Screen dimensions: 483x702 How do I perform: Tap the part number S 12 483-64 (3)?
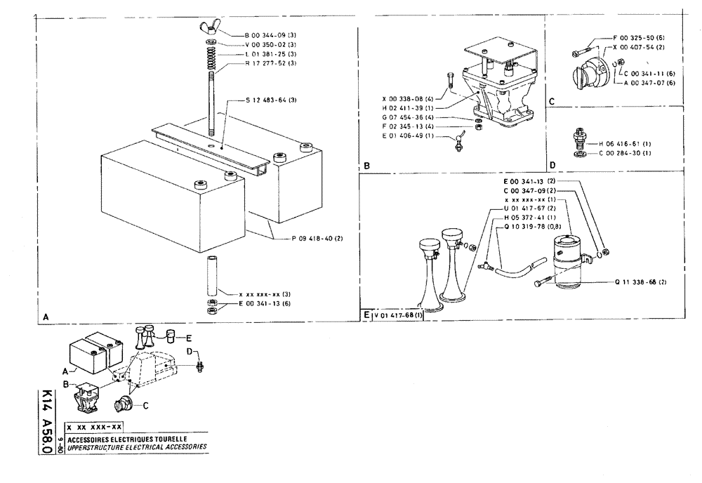(x=271, y=100)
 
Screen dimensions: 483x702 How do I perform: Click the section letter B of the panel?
(x=366, y=166)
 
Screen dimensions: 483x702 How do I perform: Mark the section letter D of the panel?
(x=552, y=166)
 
